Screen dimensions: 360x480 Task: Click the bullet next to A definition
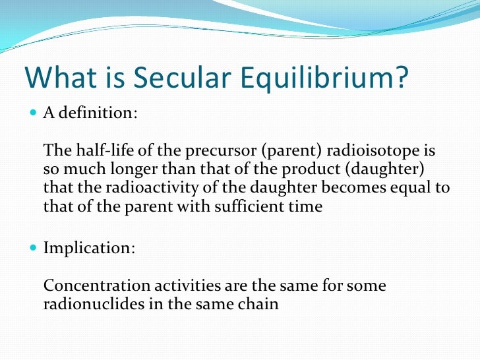pyautogui.click(x=34, y=113)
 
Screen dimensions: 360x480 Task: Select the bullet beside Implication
pyautogui.click(x=34, y=249)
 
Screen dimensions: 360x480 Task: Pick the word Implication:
pyautogui.click(x=90, y=249)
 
